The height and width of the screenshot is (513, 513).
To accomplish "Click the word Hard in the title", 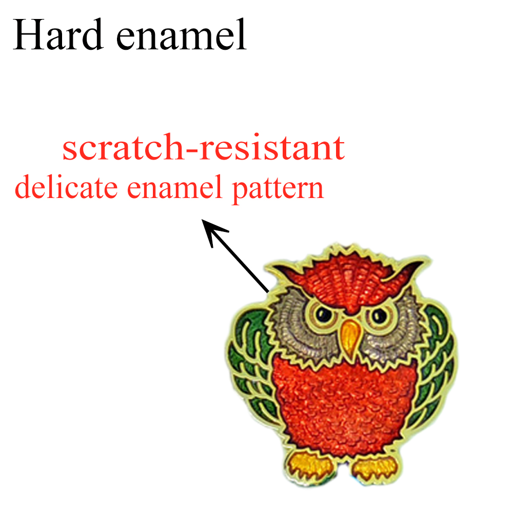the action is tap(58, 34).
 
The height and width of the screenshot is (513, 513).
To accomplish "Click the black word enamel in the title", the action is tap(181, 34).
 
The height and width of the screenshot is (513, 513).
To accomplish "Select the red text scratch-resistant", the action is tap(204, 147).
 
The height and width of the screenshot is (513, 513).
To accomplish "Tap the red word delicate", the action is tap(66, 187).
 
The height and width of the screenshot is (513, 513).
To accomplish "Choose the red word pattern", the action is tap(278, 189).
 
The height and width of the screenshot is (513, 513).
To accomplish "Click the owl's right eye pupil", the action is tap(380, 315).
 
